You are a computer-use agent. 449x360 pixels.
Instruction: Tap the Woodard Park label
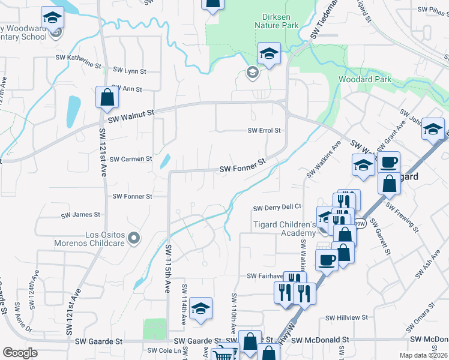pyautogui.click(x=364, y=79)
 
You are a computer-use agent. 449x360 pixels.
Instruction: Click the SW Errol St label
pyautogui.click(x=265, y=130)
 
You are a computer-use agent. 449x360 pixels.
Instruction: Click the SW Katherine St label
pyautogui.click(x=79, y=60)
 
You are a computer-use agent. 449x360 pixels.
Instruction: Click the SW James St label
pyautogui.click(x=80, y=214)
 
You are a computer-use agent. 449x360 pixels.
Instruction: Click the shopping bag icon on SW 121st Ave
pyautogui.click(x=106, y=98)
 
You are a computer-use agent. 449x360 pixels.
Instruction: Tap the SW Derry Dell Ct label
pyautogui.click(x=277, y=208)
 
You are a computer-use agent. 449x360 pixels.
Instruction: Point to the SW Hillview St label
pyautogui.click(x=346, y=318)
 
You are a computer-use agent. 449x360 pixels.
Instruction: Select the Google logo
pyautogui.click(x=20, y=353)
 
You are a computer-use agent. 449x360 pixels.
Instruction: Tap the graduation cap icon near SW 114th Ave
pyautogui.click(x=201, y=309)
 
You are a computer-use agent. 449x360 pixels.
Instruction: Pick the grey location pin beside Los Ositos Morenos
pyautogui.click(x=134, y=238)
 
